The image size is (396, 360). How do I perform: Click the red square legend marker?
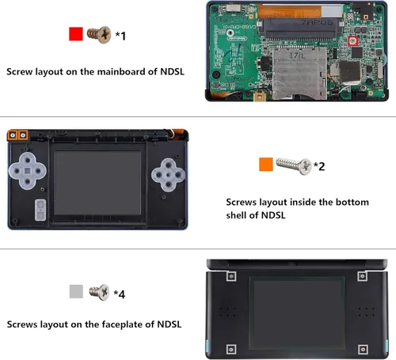pyautogui.click(x=76, y=35)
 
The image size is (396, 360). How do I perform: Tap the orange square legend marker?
pyautogui.click(x=266, y=164)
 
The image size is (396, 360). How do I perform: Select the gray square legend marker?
pyautogui.click(x=77, y=292)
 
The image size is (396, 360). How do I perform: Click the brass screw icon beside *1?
pyautogui.click(x=100, y=35)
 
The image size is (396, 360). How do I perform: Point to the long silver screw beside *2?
pyautogui.click(x=292, y=165)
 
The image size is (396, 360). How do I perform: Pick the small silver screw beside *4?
pyautogui.click(x=100, y=292)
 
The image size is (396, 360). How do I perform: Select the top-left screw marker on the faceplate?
pyautogui.click(x=230, y=276)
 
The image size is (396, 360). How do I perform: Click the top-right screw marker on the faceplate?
pyautogui.click(x=363, y=276)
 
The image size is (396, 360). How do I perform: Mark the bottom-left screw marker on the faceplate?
pyautogui.click(x=230, y=347)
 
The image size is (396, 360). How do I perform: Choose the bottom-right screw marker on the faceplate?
pyautogui.click(x=363, y=347)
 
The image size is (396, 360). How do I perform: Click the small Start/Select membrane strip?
pyautogui.click(x=38, y=210)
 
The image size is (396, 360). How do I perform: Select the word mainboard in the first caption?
pyautogui.click(x=121, y=71)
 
